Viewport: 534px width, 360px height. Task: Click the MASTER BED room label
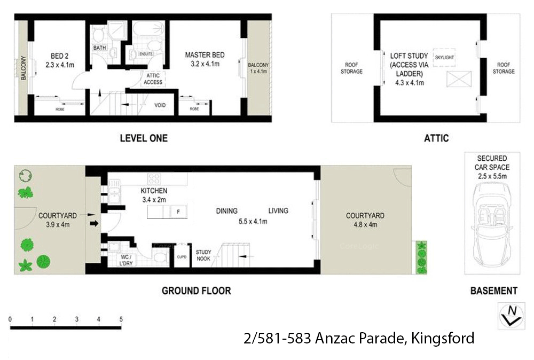click(205, 55)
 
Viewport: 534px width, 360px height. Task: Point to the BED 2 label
click(58, 56)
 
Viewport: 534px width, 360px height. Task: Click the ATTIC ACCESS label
click(153, 79)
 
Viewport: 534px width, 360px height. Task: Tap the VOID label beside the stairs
click(160, 105)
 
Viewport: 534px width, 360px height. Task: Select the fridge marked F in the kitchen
click(178, 212)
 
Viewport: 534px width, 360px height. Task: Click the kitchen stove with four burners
click(155, 179)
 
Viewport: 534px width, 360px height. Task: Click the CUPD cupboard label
click(182, 257)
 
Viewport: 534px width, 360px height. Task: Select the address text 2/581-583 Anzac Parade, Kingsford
click(358, 338)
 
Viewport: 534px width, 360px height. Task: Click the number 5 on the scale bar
click(121, 319)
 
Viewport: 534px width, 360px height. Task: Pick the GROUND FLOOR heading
click(196, 291)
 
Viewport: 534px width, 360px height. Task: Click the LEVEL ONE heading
click(143, 138)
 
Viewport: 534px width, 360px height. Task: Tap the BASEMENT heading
click(493, 291)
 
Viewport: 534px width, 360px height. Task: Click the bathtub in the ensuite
click(150, 29)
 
